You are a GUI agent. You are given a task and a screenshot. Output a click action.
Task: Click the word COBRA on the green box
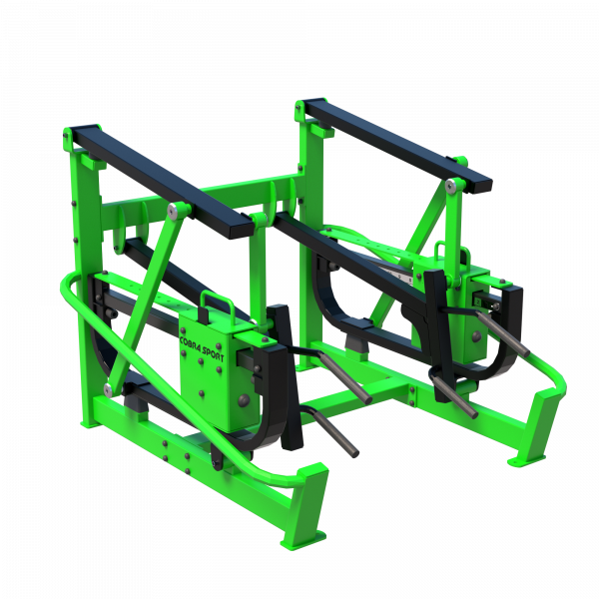pos(189,343)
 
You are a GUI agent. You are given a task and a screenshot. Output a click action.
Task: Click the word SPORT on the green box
pos(213,353)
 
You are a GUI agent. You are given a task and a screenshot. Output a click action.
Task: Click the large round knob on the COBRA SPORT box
pos(244,400)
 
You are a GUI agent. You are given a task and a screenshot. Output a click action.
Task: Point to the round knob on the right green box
pos(477,336)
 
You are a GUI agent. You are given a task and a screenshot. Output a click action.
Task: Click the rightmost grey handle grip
pos(502,333)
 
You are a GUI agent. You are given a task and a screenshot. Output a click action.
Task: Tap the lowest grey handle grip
pos(335,432)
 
